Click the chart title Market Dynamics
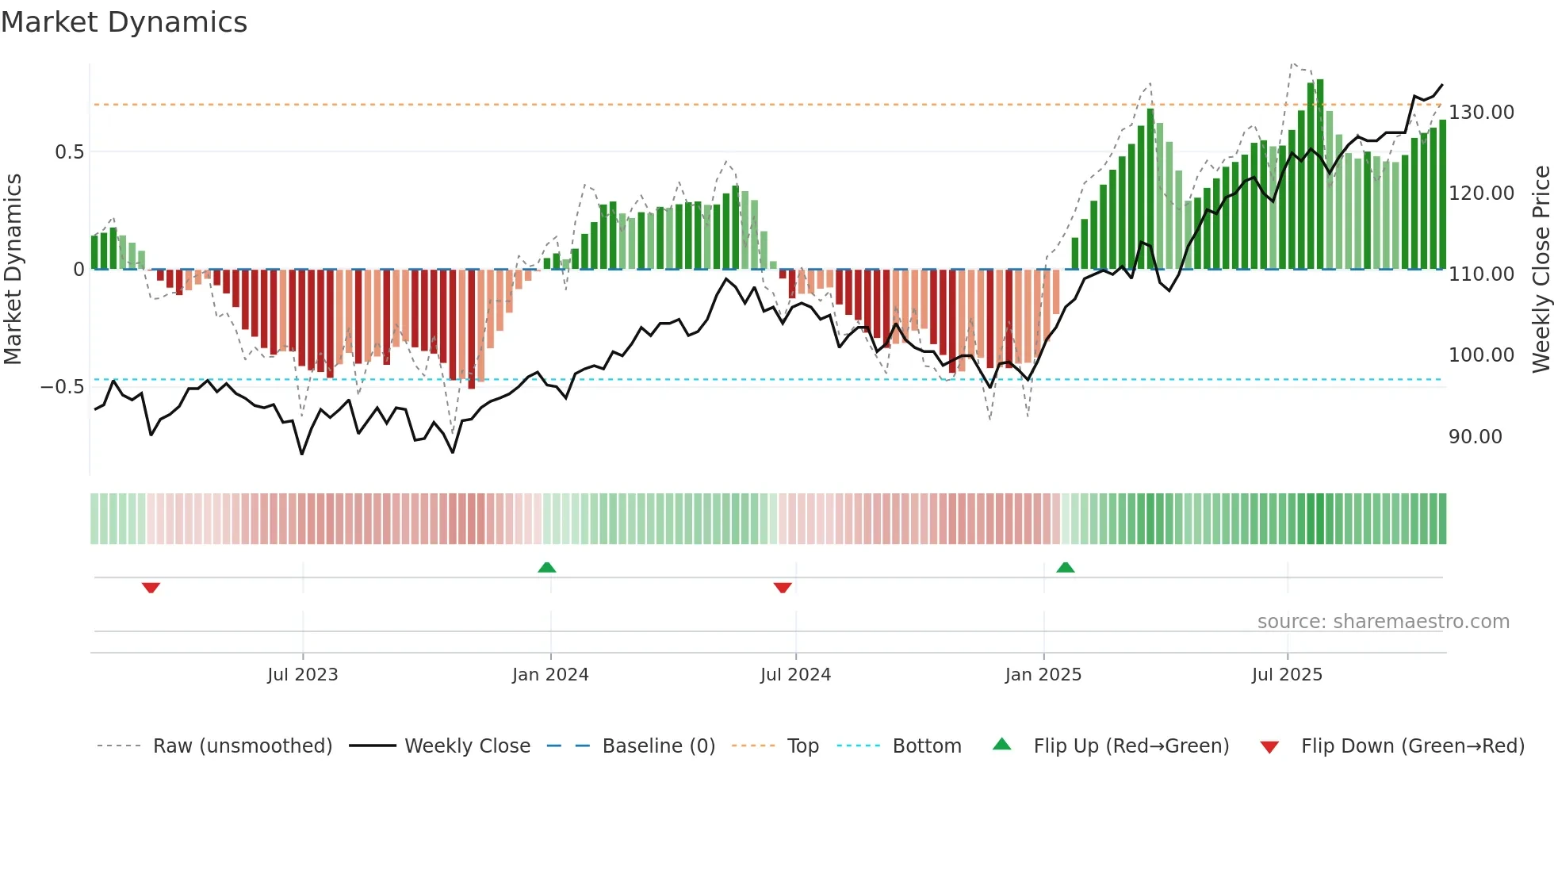tap(124, 22)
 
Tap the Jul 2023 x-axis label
tap(302, 675)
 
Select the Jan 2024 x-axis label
tap(550, 675)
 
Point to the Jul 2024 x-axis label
tap(795, 675)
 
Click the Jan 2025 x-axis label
tap(1043, 675)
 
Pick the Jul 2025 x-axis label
tap(1287, 675)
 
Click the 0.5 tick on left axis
tap(69, 152)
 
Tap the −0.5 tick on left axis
tap(63, 387)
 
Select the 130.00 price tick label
tap(1481, 113)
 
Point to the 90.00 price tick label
tap(1475, 437)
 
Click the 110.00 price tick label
tap(1481, 274)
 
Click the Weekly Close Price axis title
tap(1541, 269)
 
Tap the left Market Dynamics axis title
tap(13, 269)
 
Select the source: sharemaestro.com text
tap(1383, 622)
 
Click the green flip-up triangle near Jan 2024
tap(546, 567)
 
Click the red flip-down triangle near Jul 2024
tap(783, 588)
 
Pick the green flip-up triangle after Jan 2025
tap(1065, 567)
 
